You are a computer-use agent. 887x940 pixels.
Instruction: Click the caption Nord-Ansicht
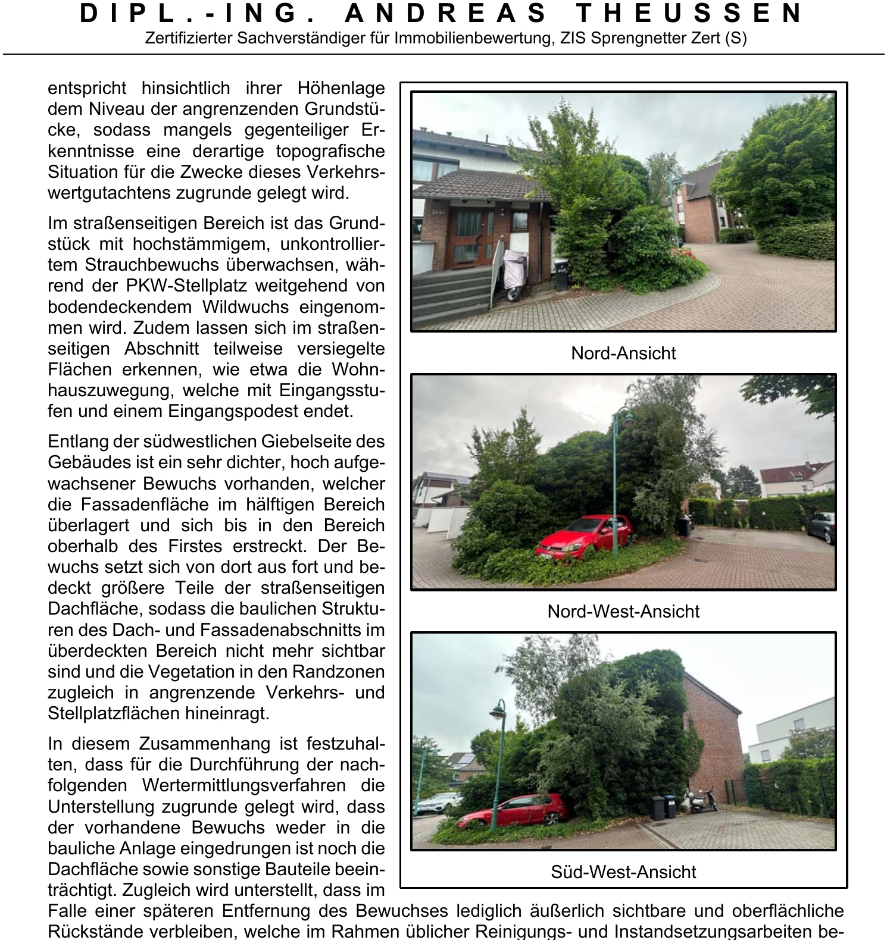click(x=623, y=353)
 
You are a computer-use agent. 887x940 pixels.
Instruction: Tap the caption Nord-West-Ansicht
click(x=623, y=612)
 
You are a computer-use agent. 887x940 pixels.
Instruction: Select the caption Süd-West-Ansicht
click(x=623, y=872)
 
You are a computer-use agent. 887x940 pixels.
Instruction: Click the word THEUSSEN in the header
click(x=690, y=14)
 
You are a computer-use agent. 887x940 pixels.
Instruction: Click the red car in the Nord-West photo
click(x=584, y=535)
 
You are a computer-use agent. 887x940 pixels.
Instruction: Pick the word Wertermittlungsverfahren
click(x=243, y=785)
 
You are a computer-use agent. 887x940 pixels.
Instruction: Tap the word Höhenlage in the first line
click(x=341, y=88)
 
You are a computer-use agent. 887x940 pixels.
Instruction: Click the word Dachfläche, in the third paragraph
click(x=95, y=609)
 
